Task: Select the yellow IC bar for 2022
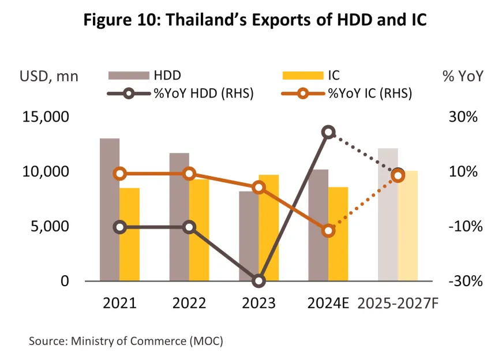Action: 199,231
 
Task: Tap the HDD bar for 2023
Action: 249,237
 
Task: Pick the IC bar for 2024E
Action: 338,234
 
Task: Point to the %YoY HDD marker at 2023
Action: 259,281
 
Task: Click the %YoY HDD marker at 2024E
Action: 328,133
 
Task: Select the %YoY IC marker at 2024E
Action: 328,230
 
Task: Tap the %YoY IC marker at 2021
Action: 120,174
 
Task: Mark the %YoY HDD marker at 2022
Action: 189,227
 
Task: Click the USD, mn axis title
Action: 49,76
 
